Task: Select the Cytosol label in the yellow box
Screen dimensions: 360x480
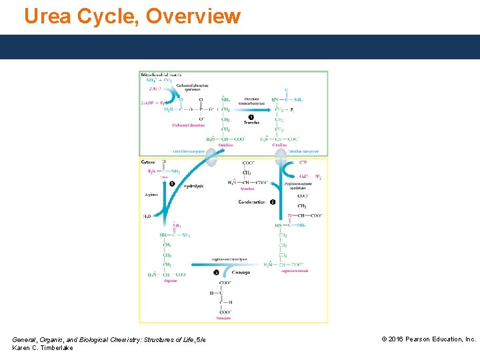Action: (x=148, y=161)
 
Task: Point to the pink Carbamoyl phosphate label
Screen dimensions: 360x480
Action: (x=188, y=125)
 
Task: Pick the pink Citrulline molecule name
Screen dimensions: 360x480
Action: (x=279, y=145)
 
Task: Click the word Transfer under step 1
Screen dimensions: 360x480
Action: (x=251, y=123)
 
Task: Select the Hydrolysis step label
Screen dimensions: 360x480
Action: (x=193, y=186)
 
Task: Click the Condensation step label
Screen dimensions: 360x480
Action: (x=251, y=201)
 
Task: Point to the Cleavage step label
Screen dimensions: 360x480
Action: (x=241, y=272)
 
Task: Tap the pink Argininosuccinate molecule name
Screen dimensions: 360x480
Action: (x=293, y=271)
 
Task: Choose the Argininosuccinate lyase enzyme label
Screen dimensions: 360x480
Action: (x=229, y=259)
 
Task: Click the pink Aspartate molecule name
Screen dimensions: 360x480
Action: (x=247, y=189)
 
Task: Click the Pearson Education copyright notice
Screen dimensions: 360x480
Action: (x=428, y=339)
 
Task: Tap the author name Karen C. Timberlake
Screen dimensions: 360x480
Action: (x=43, y=349)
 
